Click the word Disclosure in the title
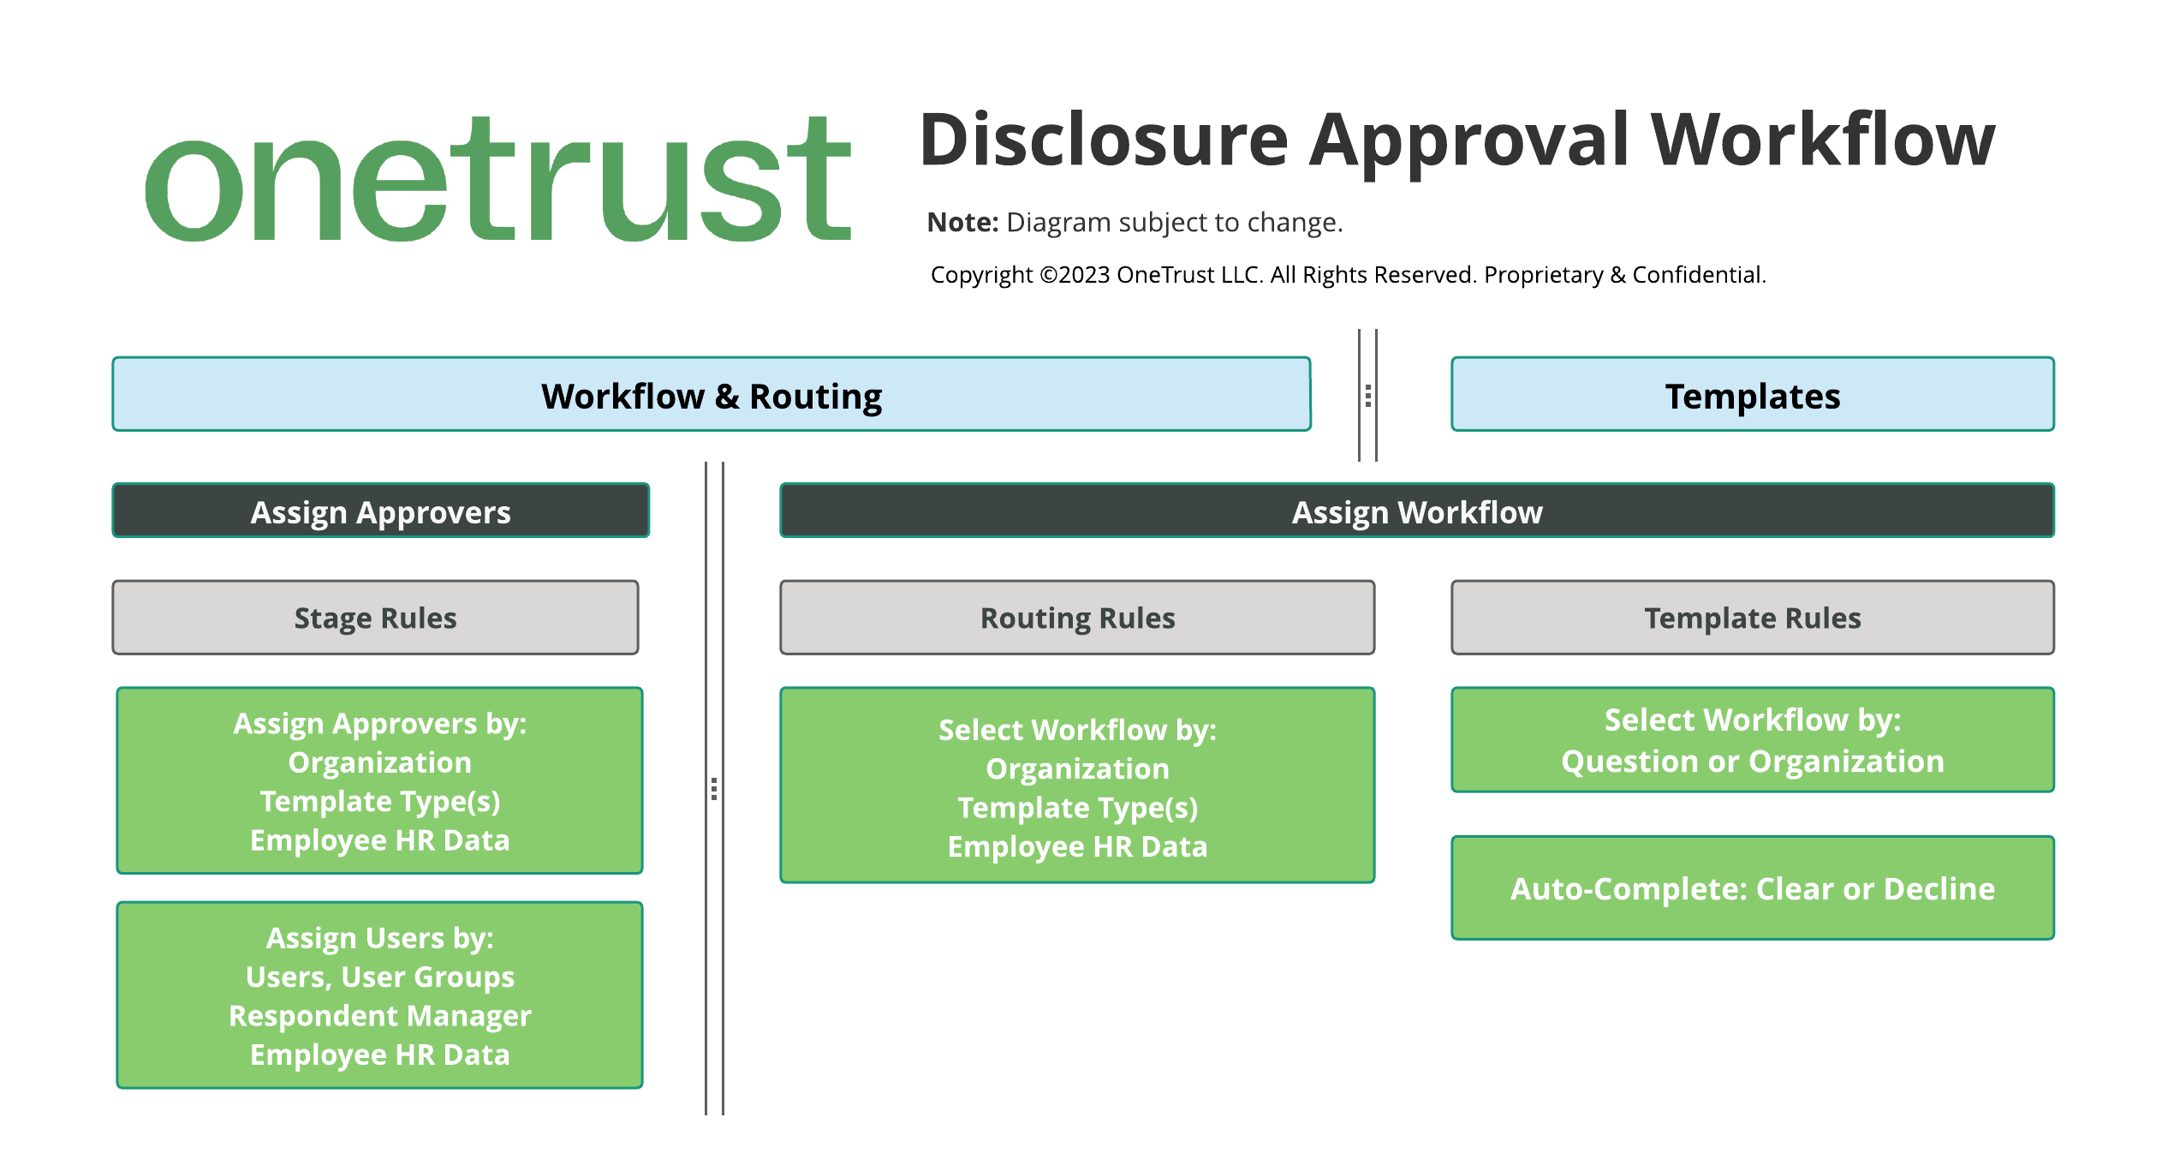[x=1103, y=140]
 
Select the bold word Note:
[x=962, y=223]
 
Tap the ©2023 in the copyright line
[x=1074, y=275]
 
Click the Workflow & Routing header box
[x=711, y=395]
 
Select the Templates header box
[x=1752, y=395]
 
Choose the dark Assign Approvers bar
[x=380, y=511]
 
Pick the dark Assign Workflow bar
[x=1416, y=511]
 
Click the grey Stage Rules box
[x=375, y=618]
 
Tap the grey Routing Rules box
[x=1077, y=618]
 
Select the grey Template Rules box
[x=1752, y=618]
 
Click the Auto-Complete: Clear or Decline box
[x=1752, y=888]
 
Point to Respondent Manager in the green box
[x=380, y=1016]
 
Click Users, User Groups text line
[x=380, y=977]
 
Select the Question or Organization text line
[x=1752, y=762]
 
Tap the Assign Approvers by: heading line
[x=380, y=724]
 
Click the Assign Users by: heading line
[x=380, y=938]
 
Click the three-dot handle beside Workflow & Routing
[x=1368, y=396]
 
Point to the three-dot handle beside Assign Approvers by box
[x=714, y=789]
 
